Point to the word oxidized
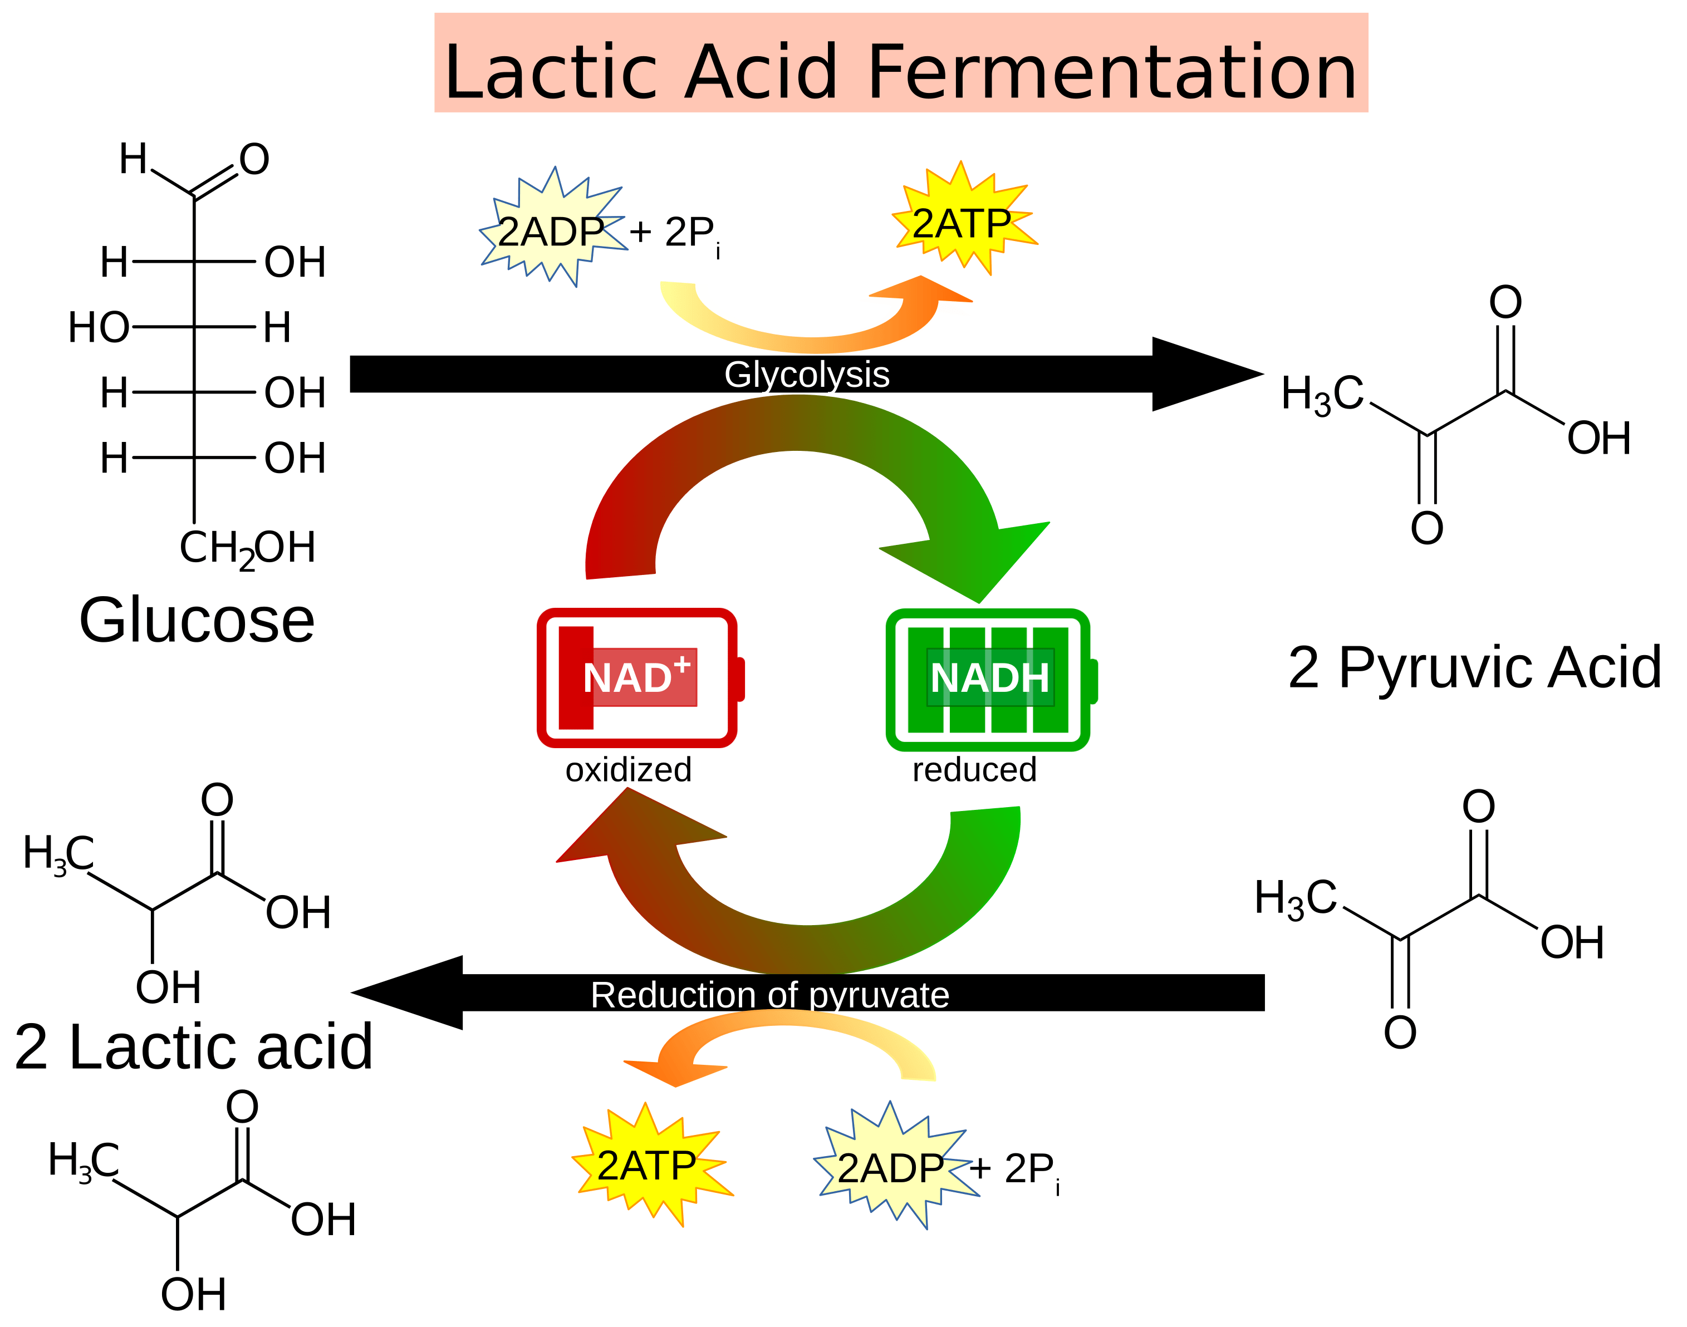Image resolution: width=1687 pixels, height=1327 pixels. click(x=628, y=770)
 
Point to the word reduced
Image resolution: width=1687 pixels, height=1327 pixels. click(x=974, y=770)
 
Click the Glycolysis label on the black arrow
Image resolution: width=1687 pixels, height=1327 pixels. click(x=807, y=375)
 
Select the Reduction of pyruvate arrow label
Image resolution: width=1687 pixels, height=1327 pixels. click(x=769, y=995)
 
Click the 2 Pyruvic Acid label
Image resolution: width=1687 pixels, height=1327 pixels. click(x=1474, y=667)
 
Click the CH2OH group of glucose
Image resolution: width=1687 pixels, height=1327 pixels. click(x=247, y=548)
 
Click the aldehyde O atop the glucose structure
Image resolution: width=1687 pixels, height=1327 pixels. click(x=254, y=159)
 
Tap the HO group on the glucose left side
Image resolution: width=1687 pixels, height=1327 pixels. click(x=98, y=327)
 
